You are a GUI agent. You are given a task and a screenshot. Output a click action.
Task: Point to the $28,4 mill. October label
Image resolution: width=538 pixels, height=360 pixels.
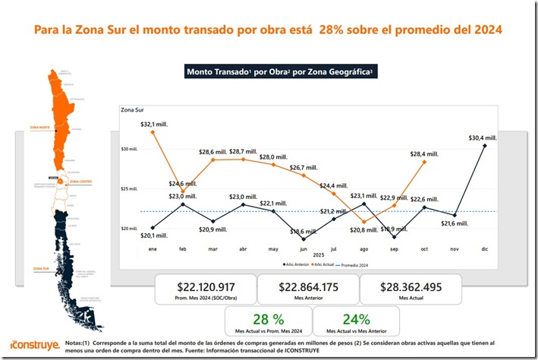pos(424,153)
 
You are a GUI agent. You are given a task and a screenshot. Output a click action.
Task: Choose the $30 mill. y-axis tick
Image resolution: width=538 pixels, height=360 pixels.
pos(128,149)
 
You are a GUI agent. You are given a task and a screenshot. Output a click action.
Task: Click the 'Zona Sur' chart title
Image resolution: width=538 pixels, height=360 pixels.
pos(134,110)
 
